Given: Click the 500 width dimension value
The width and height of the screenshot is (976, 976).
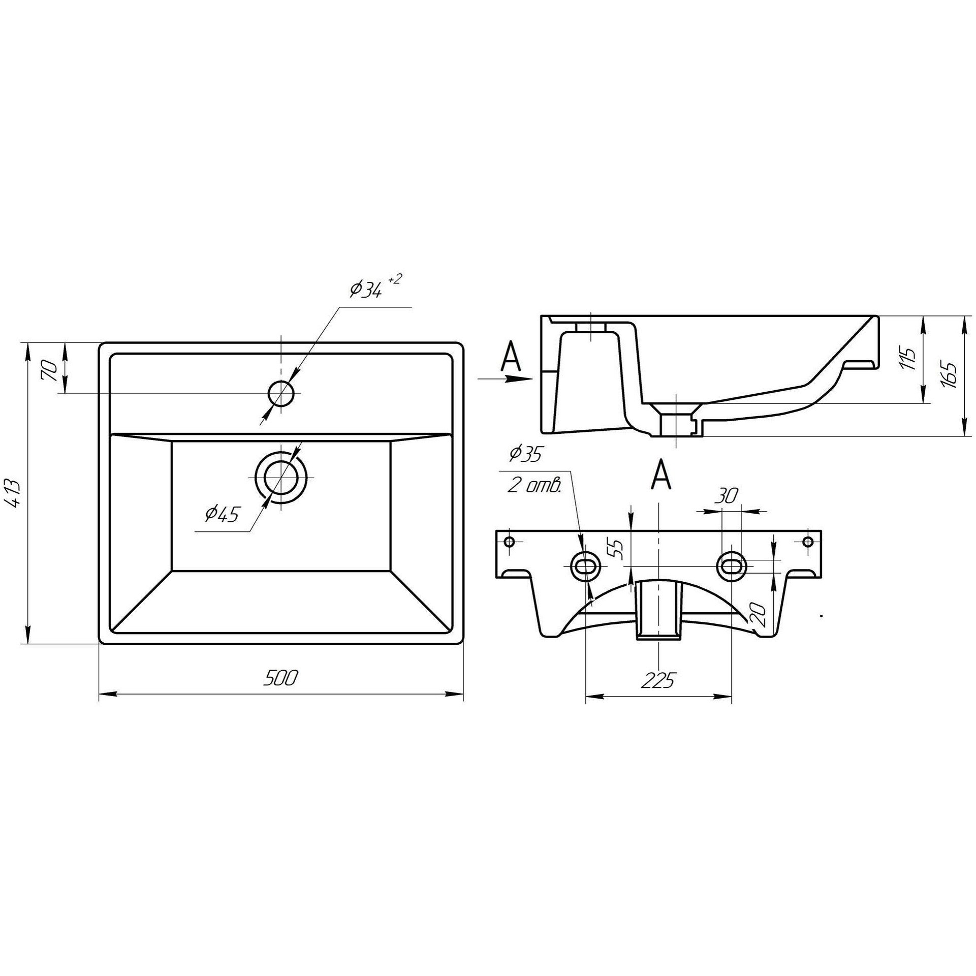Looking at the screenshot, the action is (280, 678).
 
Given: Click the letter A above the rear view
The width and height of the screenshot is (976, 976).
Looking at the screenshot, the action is (660, 475).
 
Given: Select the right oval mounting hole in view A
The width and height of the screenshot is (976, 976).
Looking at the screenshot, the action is (732, 565).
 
